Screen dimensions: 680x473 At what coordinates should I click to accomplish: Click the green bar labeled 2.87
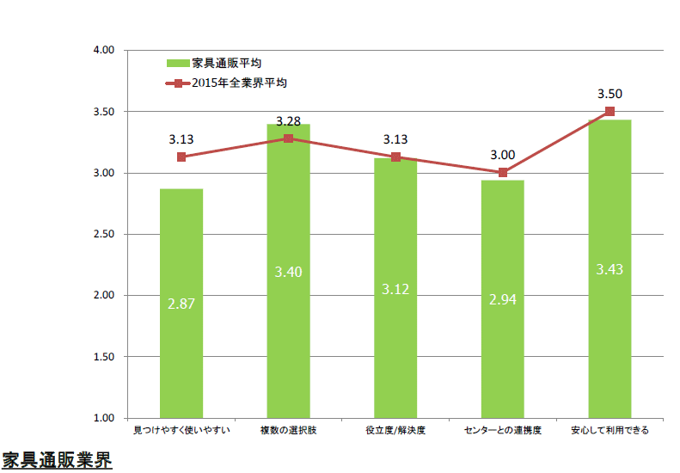[x=181, y=304]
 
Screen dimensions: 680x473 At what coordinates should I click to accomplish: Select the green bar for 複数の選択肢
[x=288, y=271]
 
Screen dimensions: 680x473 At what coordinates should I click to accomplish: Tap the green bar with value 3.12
[x=395, y=288]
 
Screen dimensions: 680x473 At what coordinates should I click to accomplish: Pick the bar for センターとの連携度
[x=503, y=299]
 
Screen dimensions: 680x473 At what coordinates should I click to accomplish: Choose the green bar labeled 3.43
[x=610, y=269]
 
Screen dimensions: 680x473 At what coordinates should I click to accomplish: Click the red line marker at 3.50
[x=610, y=112]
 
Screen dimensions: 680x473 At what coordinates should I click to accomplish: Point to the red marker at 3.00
[x=503, y=173]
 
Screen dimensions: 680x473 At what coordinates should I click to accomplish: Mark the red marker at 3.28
[x=288, y=138]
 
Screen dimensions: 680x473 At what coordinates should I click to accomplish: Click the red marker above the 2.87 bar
[x=181, y=157]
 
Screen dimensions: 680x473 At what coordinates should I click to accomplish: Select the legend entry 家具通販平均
[x=214, y=64]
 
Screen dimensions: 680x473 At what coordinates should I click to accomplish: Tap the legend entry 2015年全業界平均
[x=226, y=83]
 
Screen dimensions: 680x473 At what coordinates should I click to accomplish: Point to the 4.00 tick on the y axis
[x=104, y=51]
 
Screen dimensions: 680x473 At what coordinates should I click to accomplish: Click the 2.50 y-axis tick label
[x=104, y=234]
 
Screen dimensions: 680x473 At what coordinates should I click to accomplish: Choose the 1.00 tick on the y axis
[x=104, y=418]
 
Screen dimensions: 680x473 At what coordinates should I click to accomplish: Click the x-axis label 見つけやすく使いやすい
[x=181, y=430]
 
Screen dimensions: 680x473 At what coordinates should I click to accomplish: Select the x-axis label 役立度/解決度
[x=395, y=430]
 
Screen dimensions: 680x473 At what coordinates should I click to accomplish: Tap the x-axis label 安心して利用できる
[x=610, y=430]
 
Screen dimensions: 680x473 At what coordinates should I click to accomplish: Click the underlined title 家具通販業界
[x=57, y=460]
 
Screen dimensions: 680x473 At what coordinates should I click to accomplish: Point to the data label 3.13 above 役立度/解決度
[x=395, y=139]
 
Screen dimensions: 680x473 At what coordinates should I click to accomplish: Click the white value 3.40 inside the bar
[x=288, y=272]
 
